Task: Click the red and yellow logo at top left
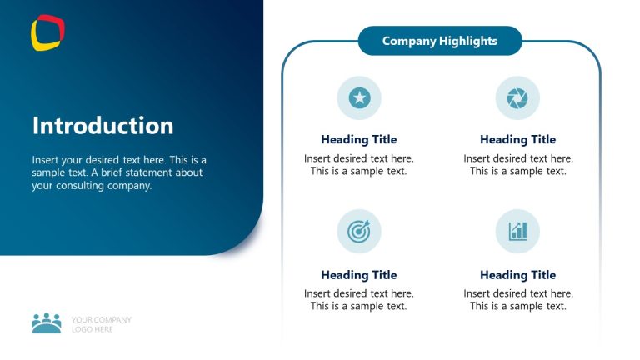[x=47, y=32]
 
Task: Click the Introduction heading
[x=102, y=126]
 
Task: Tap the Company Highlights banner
[x=439, y=41]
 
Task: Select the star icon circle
[x=359, y=97]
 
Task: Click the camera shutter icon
[x=517, y=97]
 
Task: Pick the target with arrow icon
[x=359, y=231]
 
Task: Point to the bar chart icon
[x=517, y=231]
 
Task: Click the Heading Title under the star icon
[x=358, y=140]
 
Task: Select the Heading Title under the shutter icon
[x=517, y=140]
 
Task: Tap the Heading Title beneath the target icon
[x=358, y=275]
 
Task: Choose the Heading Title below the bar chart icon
[x=517, y=275]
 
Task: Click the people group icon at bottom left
[x=47, y=323]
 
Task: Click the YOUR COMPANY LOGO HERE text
[x=101, y=324]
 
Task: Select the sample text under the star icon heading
[x=358, y=164]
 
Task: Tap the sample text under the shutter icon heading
[x=517, y=164]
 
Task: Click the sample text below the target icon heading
[x=358, y=299]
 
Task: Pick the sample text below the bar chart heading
[x=517, y=299]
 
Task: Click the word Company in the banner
[x=409, y=41]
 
